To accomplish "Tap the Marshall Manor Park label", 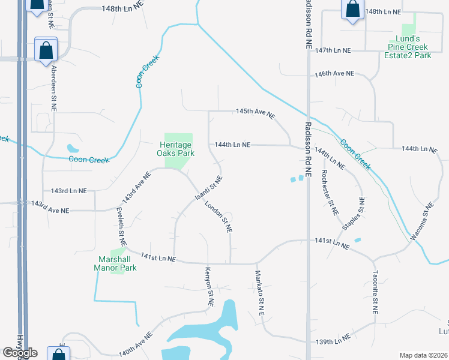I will tap(118, 263).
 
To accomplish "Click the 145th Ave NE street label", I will tap(255, 112).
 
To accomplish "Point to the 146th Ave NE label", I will tap(335, 74).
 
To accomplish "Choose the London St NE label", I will tap(218, 217).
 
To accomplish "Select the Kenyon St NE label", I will tap(209, 287).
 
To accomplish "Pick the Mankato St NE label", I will tap(261, 293).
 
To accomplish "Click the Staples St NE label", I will tap(355, 212).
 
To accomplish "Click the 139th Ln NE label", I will tap(333, 342).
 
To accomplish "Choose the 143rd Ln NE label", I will tap(69, 191).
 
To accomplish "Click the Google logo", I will tap(20, 353).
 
